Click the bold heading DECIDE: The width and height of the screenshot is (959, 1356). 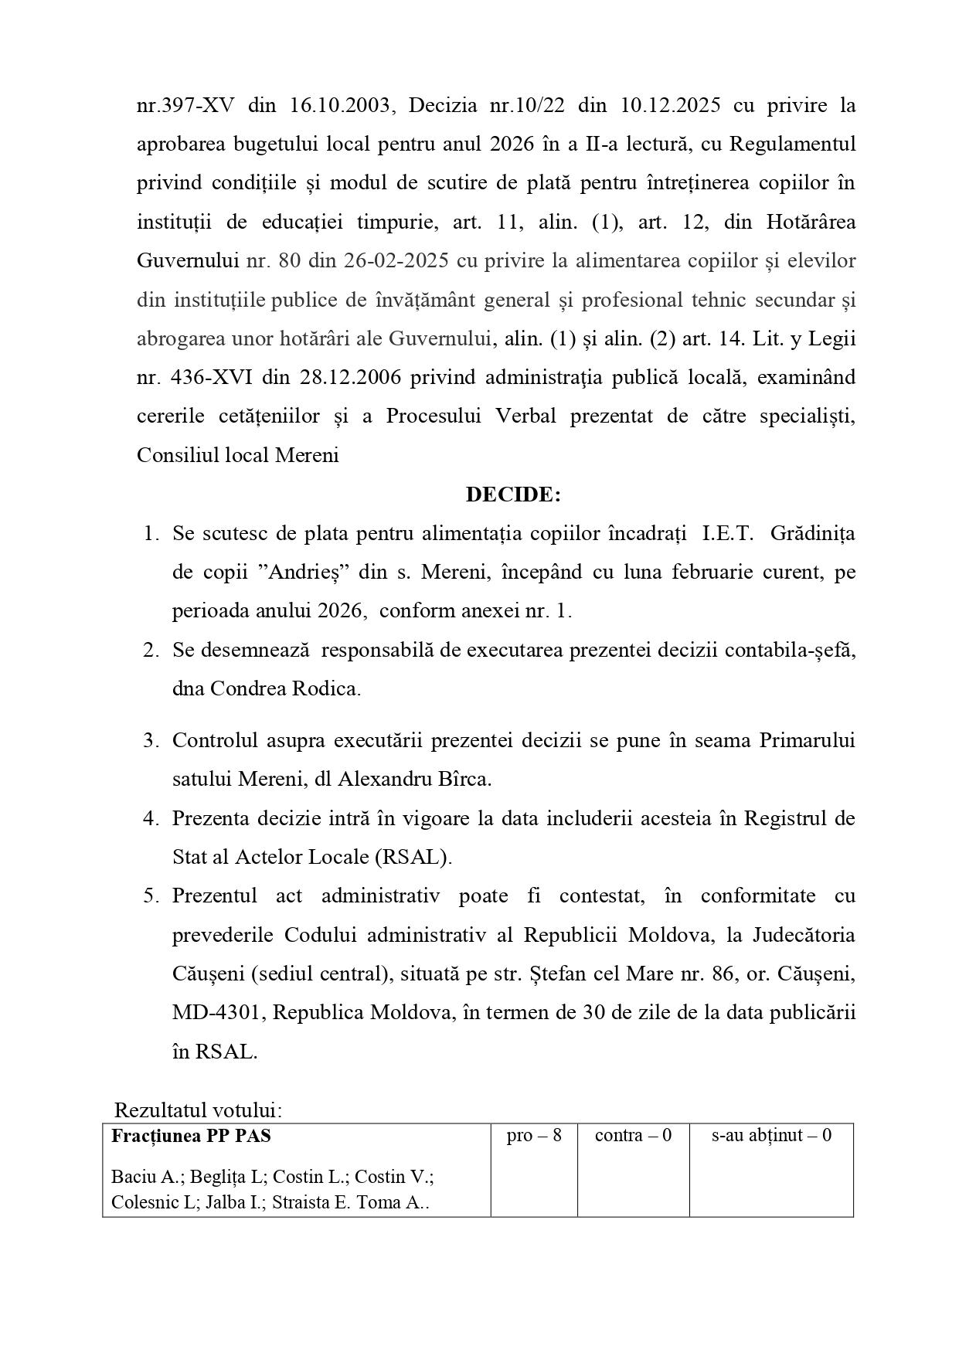coord(513,494)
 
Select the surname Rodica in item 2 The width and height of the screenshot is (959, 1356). coord(330,688)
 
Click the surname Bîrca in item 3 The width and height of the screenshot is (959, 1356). coord(462,779)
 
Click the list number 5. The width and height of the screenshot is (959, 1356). coord(151,896)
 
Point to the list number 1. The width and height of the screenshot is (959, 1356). coord(151,534)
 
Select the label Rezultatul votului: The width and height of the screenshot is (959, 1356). coord(199,1110)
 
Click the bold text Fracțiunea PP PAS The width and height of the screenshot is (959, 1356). coord(192,1136)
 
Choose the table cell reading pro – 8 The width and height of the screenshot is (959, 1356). coord(533,1136)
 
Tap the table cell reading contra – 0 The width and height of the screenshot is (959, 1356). coord(633,1136)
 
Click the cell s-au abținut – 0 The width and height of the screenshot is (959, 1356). coord(770,1136)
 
